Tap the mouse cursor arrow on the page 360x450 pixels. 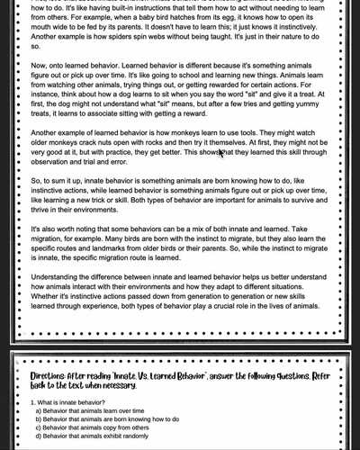coord(221,154)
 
